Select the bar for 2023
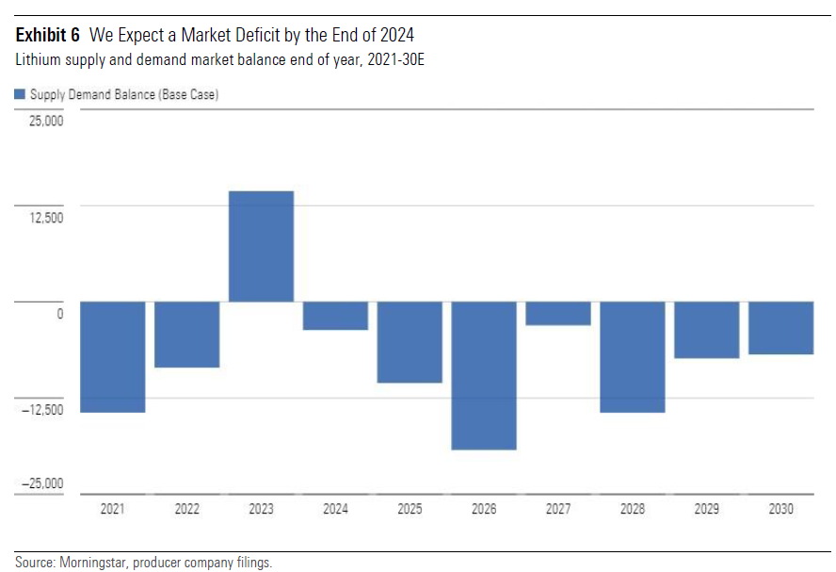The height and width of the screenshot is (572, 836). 261,246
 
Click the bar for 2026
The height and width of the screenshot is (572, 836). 484,375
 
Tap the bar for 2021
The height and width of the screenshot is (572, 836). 112,356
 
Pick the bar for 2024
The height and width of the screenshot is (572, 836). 335,316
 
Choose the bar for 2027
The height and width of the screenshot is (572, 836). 558,313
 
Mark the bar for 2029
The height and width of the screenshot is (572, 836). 706,330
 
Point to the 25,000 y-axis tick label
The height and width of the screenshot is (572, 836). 44,122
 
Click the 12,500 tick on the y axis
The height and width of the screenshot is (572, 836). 44,218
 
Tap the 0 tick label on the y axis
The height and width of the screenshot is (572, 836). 59,314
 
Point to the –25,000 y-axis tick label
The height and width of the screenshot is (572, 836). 40,483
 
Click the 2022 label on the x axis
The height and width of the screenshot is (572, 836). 186,509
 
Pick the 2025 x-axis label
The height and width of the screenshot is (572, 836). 410,509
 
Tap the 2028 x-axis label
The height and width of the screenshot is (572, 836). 633,509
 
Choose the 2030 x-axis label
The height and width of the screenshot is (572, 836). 780,509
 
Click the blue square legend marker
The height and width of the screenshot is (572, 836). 20,94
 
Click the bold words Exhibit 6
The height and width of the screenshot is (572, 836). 48,36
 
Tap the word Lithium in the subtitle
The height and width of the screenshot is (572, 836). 35,59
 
